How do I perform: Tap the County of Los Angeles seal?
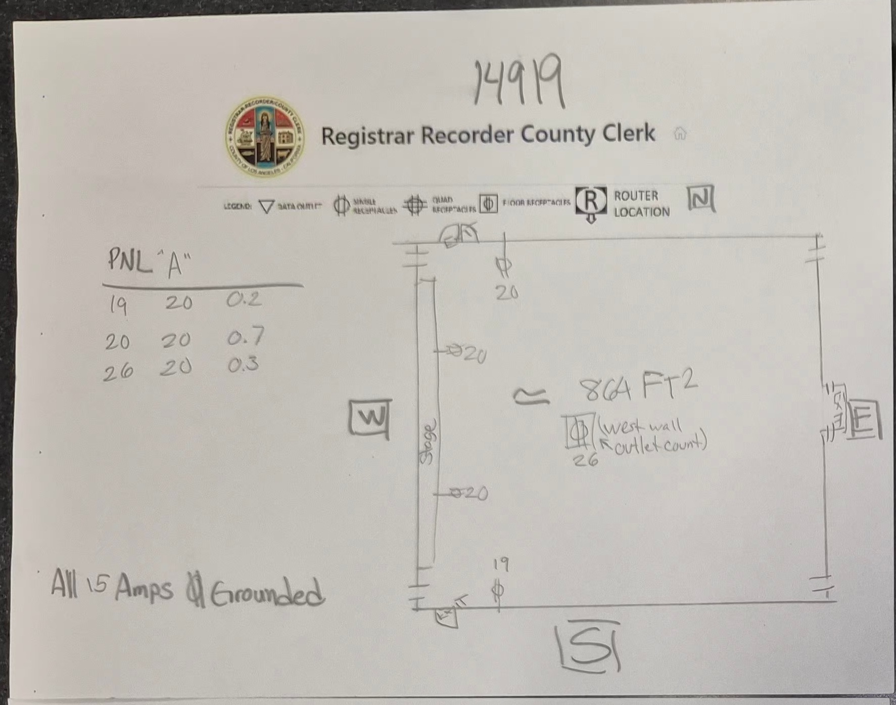pos(265,137)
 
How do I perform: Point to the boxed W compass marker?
pos(370,418)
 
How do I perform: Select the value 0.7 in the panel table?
pos(246,336)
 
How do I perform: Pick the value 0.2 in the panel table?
pos(244,300)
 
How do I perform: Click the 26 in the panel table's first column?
pos(118,373)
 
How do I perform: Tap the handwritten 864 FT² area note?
pos(637,388)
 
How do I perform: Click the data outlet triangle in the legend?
pos(266,206)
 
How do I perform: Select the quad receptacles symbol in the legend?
pos(415,205)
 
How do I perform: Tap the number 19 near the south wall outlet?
pos(500,564)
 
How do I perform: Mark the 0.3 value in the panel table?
pos(243,364)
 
